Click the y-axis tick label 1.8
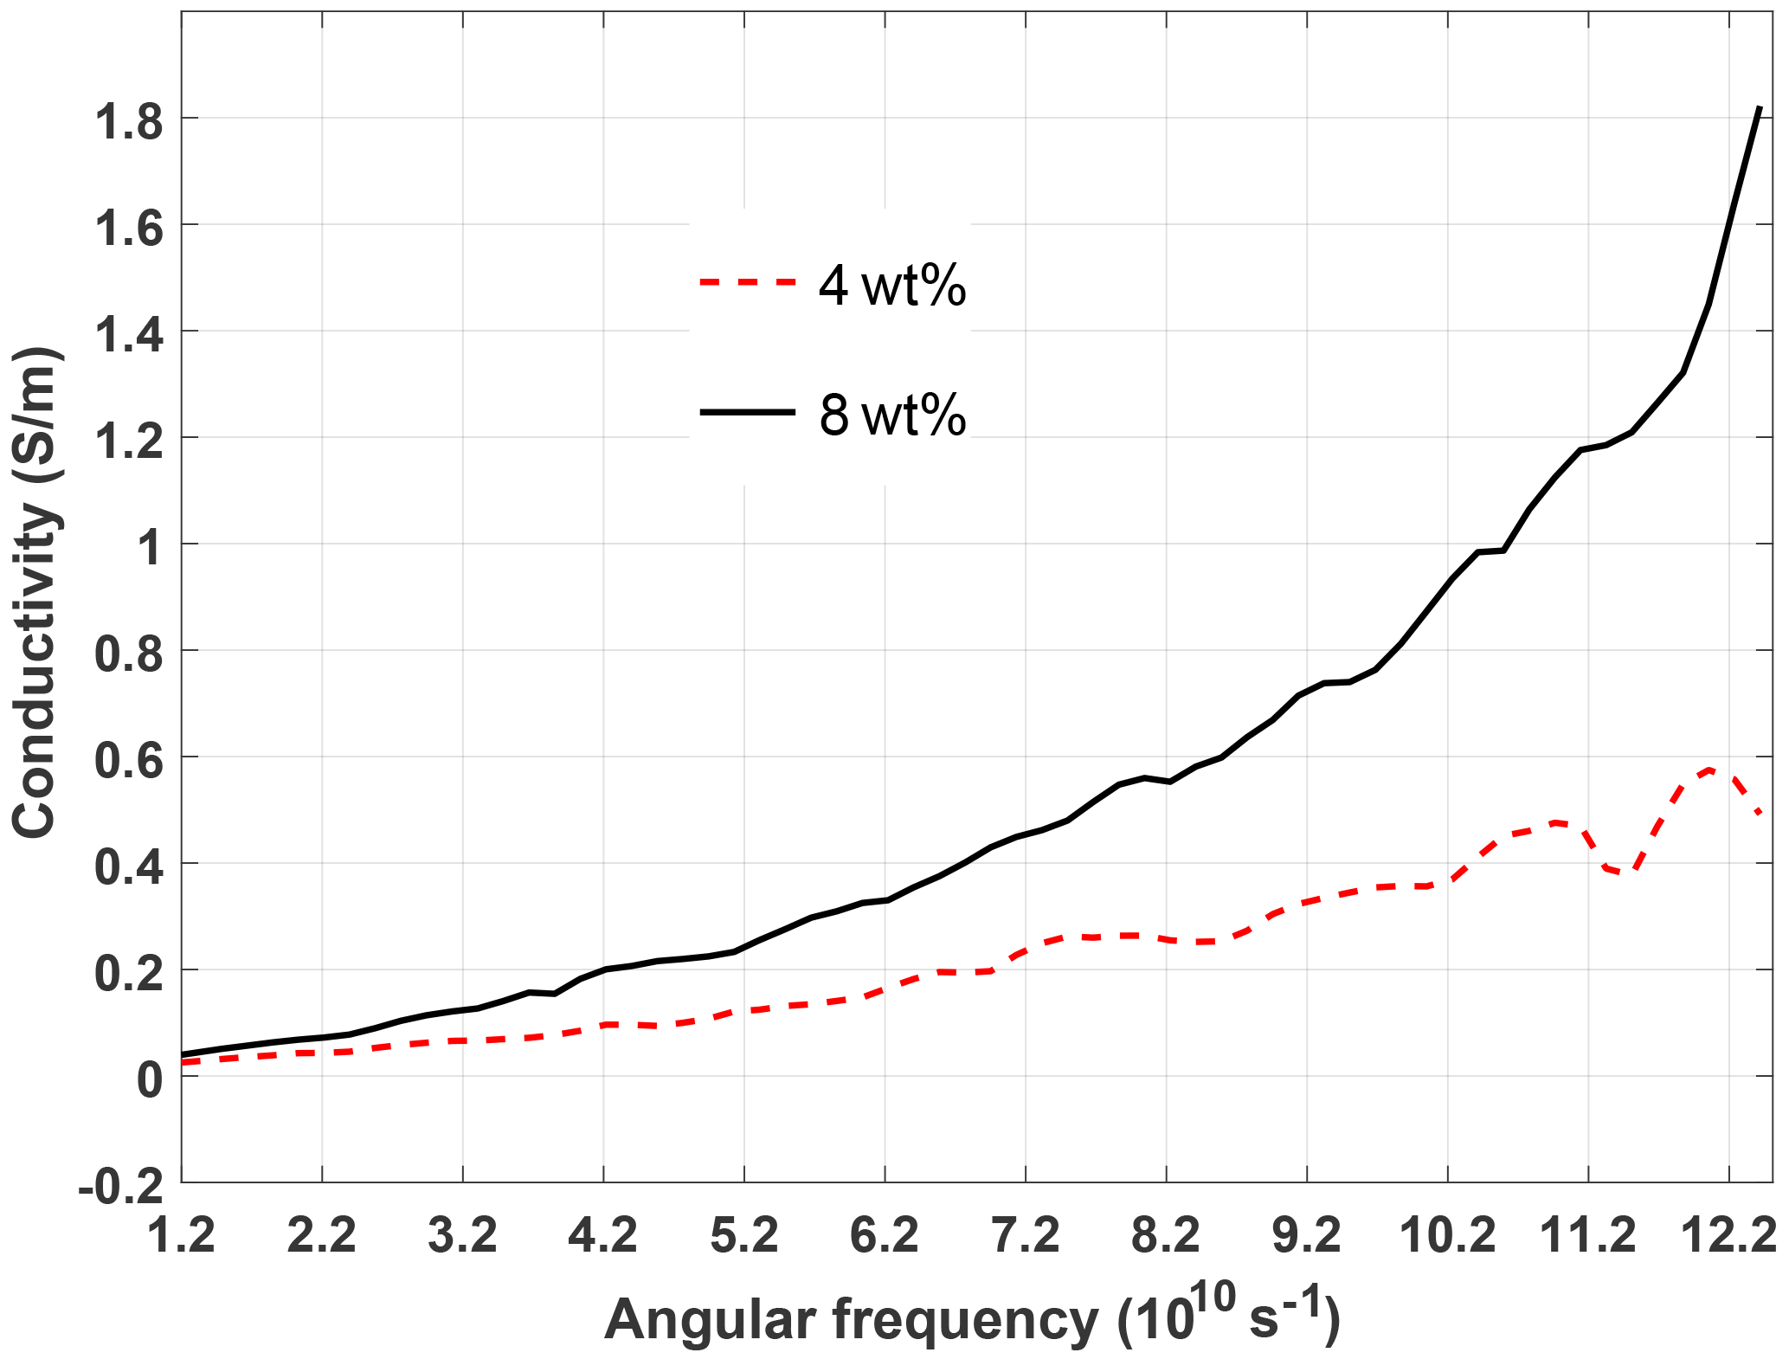[x=128, y=121]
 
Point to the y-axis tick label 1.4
[x=128, y=334]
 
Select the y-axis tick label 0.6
[x=128, y=760]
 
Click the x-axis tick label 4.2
[x=603, y=1234]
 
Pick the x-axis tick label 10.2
[x=1448, y=1234]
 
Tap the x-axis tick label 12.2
[x=1728, y=1234]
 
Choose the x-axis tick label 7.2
[x=1026, y=1234]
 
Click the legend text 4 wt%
[x=891, y=286]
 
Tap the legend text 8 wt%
[x=891, y=415]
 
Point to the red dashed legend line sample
[x=747, y=282]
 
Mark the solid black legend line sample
[x=747, y=412]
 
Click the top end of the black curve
[x=1760, y=107]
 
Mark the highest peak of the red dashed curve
[x=1709, y=769]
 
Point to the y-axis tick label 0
[x=151, y=1079]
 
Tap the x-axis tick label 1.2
[x=181, y=1234]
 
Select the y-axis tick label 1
[x=151, y=547]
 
